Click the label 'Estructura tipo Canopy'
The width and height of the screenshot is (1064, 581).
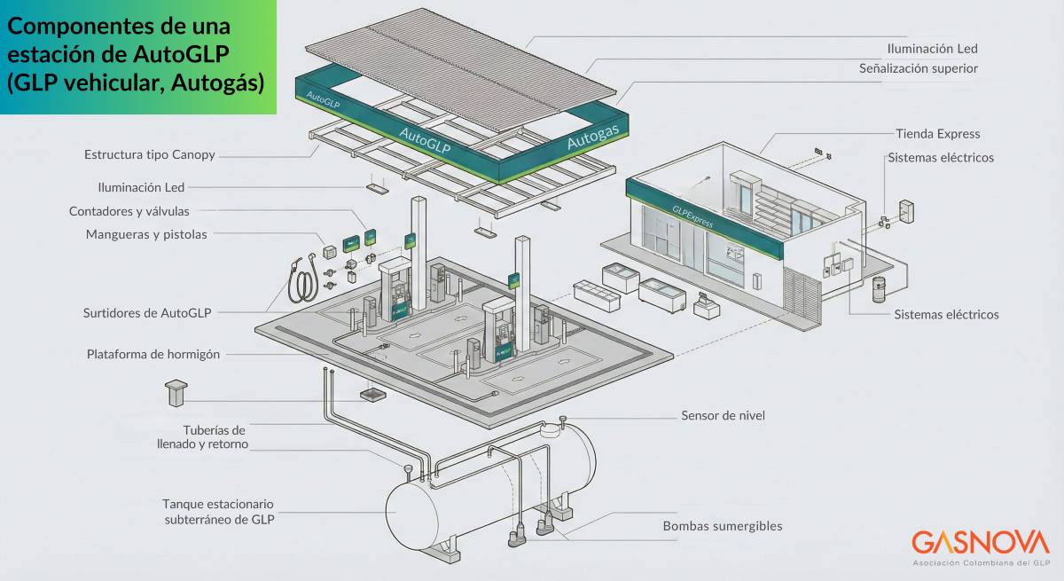coord(149,154)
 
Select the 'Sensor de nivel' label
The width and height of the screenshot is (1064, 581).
coord(723,415)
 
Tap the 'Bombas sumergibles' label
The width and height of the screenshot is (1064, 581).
coord(723,526)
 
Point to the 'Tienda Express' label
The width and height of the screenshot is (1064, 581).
coord(937,134)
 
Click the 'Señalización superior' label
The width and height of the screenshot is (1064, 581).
coord(918,68)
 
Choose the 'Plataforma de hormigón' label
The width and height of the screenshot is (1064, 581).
coord(153,354)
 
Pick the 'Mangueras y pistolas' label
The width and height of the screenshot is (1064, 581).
coord(146,235)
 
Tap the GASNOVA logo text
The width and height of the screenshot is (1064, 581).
coord(980,543)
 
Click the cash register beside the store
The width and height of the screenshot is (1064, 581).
coord(707,306)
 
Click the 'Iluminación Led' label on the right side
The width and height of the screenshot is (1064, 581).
coord(932,49)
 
